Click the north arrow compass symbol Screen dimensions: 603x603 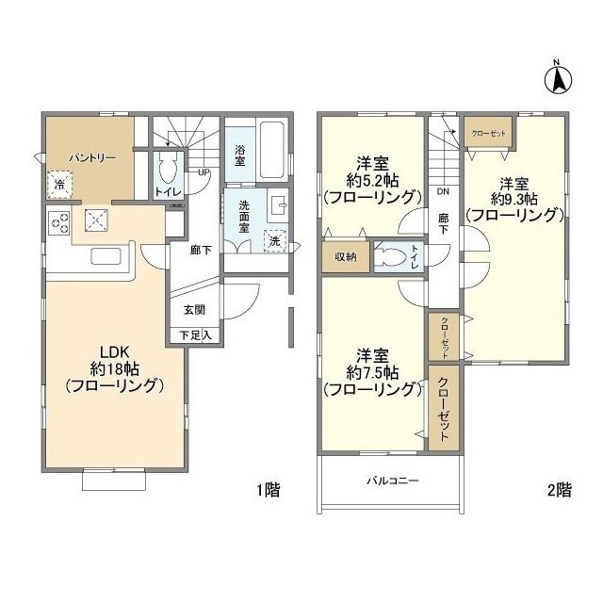556,76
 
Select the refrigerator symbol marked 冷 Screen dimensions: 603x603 60,185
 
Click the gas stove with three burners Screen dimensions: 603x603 60,224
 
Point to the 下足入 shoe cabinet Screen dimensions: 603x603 194,334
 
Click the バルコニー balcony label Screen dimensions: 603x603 392,481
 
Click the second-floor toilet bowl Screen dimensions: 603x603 393,257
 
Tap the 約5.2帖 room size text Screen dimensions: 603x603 370,180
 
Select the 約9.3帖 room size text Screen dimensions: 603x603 518,199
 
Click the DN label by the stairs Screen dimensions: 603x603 443,190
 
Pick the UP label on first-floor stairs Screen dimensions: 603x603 204,172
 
